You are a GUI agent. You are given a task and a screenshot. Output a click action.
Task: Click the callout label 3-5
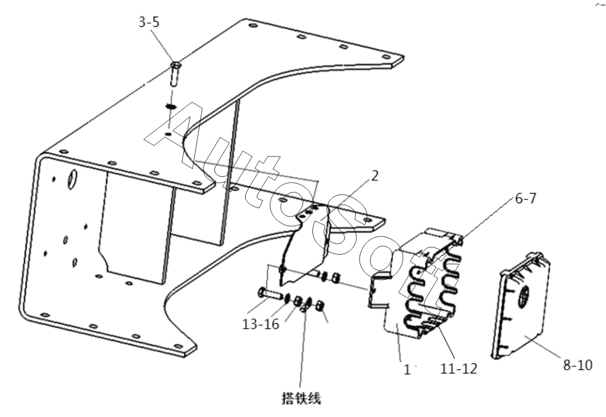[x=149, y=22]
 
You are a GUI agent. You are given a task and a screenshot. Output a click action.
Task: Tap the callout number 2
[x=374, y=176]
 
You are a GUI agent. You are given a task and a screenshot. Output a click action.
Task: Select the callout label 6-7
[x=525, y=199]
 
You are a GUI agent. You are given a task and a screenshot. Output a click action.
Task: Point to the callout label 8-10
[x=578, y=364]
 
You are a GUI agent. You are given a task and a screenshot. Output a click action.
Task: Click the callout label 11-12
[x=459, y=369]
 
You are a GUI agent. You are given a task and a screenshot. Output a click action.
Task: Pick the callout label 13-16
[x=260, y=324]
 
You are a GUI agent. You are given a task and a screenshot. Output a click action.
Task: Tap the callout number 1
[x=407, y=370]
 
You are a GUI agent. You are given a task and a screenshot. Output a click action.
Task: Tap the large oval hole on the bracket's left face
[x=72, y=180]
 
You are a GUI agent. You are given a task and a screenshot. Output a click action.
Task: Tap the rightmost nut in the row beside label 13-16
[x=320, y=306]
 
